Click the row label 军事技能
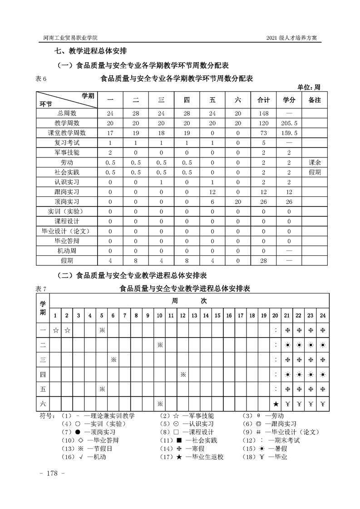coord(67,152)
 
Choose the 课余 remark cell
coord(315,162)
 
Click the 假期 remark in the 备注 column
coord(315,172)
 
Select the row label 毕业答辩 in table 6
coord(67,241)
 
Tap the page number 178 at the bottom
coord(54,473)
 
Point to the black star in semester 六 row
coord(276,404)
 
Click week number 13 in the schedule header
coord(194,315)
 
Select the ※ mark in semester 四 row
coord(182,375)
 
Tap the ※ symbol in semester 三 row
coord(113,360)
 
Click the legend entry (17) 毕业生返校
coord(197,457)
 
